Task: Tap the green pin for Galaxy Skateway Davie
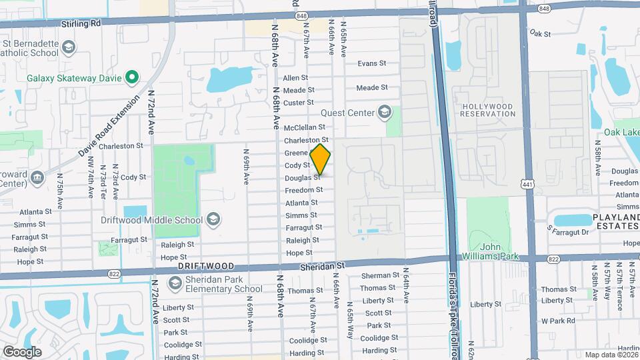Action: [x=132, y=78]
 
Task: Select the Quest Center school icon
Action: [x=384, y=112]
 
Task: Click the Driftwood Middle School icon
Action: [x=213, y=219]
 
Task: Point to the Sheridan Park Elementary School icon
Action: [x=175, y=284]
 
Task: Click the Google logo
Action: [x=22, y=351]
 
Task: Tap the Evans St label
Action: [x=372, y=63]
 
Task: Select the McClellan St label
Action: [x=304, y=127]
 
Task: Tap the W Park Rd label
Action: [x=557, y=321]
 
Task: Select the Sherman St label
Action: [x=380, y=275]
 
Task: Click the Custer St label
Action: [x=298, y=103]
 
